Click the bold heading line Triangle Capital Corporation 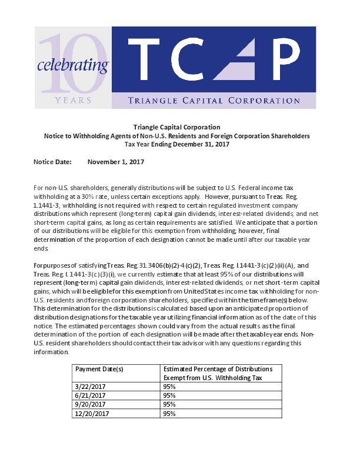176,127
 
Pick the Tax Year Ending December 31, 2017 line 176,144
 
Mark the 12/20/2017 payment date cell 91,413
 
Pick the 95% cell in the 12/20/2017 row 170,413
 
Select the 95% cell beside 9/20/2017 170,405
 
